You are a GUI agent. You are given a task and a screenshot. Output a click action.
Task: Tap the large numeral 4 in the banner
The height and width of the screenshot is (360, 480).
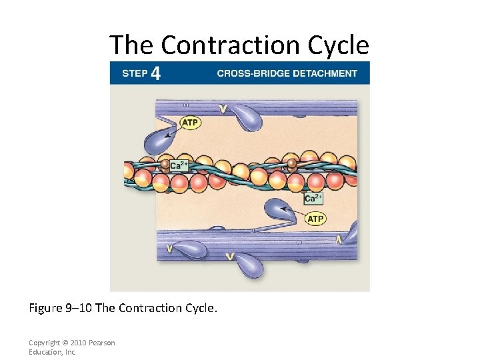[155, 73]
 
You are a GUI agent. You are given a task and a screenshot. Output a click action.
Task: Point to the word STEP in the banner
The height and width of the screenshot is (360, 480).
[135, 73]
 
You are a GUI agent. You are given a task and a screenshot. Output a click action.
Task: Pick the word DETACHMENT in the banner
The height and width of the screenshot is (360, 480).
[326, 73]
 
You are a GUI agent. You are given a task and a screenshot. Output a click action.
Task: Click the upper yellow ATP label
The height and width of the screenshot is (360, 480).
[190, 123]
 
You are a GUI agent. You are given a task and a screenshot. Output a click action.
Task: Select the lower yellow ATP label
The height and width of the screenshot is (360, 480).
[315, 219]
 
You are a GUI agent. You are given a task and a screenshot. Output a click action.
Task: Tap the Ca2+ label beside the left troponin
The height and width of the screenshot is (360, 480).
[179, 165]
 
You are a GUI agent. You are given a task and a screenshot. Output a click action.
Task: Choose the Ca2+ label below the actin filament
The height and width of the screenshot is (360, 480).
[313, 198]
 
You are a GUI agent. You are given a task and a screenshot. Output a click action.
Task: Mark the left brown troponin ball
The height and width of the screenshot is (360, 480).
[165, 163]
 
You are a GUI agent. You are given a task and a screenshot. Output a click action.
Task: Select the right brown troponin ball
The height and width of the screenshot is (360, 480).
[291, 163]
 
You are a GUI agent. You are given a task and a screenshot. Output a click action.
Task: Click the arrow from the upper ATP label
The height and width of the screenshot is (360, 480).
[173, 130]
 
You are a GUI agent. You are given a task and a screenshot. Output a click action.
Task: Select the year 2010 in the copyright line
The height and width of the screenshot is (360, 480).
[78, 343]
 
